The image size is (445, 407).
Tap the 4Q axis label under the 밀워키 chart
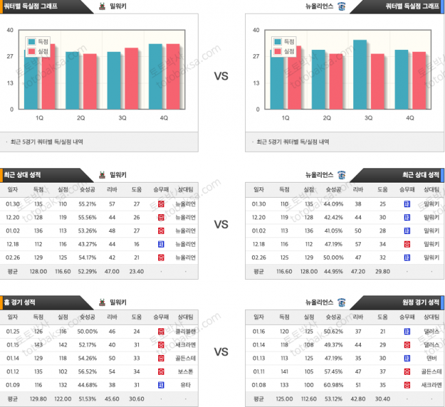[164, 118]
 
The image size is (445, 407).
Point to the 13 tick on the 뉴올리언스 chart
[255, 83]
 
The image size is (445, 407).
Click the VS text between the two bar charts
[221, 77]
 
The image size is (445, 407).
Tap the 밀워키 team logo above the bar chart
[101, 6]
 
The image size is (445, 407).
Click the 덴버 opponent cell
[431, 357]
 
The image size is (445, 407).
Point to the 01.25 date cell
[12, 331]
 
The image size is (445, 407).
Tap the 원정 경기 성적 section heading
[421, 302]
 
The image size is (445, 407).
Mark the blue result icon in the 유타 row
[161, 384]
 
